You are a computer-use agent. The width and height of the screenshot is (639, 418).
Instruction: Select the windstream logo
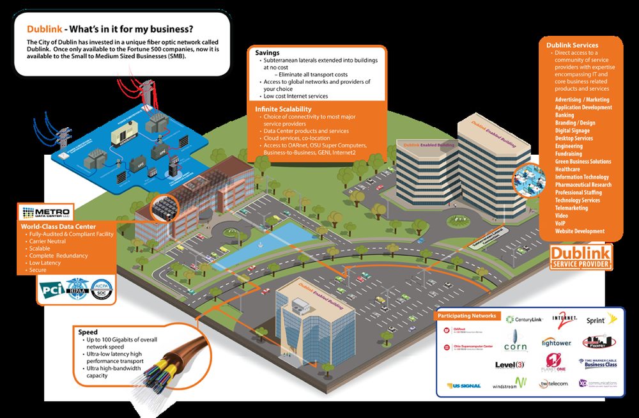point(509,383)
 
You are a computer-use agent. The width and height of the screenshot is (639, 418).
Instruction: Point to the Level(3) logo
point(510,365)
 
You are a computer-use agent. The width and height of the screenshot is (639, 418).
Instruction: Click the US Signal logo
point(463,385)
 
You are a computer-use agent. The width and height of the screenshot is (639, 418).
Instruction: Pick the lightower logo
point(556,343)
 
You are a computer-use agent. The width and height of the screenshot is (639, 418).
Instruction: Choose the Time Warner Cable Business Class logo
point(598,364)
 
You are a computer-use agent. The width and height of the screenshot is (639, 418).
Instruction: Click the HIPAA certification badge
point(77,289)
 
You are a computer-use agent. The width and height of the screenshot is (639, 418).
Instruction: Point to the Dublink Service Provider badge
point(581,257)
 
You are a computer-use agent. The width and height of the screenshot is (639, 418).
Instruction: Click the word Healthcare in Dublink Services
point(569,169)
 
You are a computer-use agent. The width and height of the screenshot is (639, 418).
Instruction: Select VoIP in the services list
point(561,223)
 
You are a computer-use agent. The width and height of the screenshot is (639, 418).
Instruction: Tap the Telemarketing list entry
point(571,208)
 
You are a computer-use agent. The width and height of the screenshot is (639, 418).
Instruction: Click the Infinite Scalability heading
point(284,109)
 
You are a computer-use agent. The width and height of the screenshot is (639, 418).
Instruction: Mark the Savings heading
point(267,52)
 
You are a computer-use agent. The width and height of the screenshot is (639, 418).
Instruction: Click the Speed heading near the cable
point(88,332)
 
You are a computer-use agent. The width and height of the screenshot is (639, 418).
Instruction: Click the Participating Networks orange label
point(466,316)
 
